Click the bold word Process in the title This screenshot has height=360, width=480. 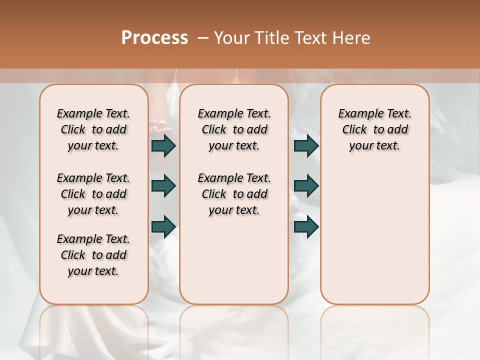[154, 38]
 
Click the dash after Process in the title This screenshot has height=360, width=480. [203, 38]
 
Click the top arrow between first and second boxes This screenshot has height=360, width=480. [163, 145]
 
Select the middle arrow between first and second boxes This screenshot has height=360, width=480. [163, 186]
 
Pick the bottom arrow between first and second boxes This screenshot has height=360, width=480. [163, 226]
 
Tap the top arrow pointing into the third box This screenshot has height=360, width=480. [306, 145]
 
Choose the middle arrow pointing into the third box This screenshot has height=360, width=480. [306, 186]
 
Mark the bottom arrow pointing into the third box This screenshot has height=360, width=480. [306, 226]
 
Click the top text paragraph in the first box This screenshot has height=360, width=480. [93, 129]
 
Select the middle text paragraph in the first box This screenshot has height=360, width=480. [93, 194]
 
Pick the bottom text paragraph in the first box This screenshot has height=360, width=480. [93, 255]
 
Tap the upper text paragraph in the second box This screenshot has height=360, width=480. [234, 129]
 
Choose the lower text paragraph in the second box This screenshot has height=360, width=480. [234, 194]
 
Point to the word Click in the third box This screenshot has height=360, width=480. [354, 130]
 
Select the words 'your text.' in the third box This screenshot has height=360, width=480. [374, 146]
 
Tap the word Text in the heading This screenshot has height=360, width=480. [309, 38]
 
